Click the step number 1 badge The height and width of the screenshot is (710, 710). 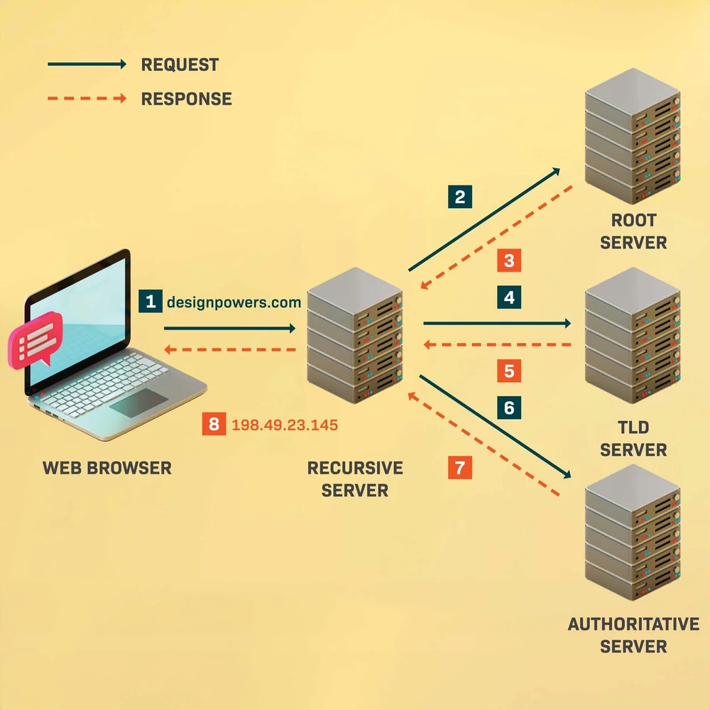coord(150,301)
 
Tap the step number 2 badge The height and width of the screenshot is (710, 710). coord(460,197)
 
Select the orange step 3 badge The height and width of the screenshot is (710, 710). coord(509,261)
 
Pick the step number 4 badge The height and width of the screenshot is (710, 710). coord(509,297)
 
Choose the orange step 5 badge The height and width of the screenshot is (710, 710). coord(509,371)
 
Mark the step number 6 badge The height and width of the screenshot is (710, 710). coord(509,408)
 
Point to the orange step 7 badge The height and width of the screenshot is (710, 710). coord(460,467)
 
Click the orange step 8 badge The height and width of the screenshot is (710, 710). coord(213,425)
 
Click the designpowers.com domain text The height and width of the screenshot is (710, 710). coord(234,302)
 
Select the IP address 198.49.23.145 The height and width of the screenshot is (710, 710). coord(285,425)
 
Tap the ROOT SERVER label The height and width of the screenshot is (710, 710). coord(633,231)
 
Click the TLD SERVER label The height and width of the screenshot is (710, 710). coord(633,439)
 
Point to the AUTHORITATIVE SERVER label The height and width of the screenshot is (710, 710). coord(633,635)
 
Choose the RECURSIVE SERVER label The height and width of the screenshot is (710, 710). coord(355,479)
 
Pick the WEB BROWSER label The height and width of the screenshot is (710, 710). coord(107,468)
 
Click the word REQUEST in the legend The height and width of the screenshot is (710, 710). coord(180,65)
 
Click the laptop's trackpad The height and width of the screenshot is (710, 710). coord(138,403)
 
